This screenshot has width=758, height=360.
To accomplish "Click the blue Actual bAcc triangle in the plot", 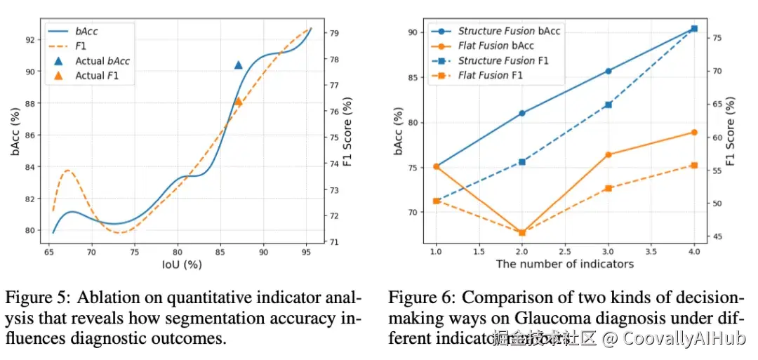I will point(238,65).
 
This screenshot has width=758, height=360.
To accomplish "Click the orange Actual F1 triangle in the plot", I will point(238,101).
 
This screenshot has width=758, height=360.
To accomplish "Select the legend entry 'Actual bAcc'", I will point(102,61).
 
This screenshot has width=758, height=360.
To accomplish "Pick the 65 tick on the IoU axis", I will point(49,251).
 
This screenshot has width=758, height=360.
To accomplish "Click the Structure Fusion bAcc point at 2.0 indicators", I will point(522,113).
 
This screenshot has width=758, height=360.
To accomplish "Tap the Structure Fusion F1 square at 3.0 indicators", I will point(609,105).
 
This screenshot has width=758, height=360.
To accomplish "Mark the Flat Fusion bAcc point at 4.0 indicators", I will point(694,132).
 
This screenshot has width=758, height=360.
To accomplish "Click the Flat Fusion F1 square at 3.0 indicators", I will point(609,188).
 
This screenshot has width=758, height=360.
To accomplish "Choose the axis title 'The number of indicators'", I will point(565,264).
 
